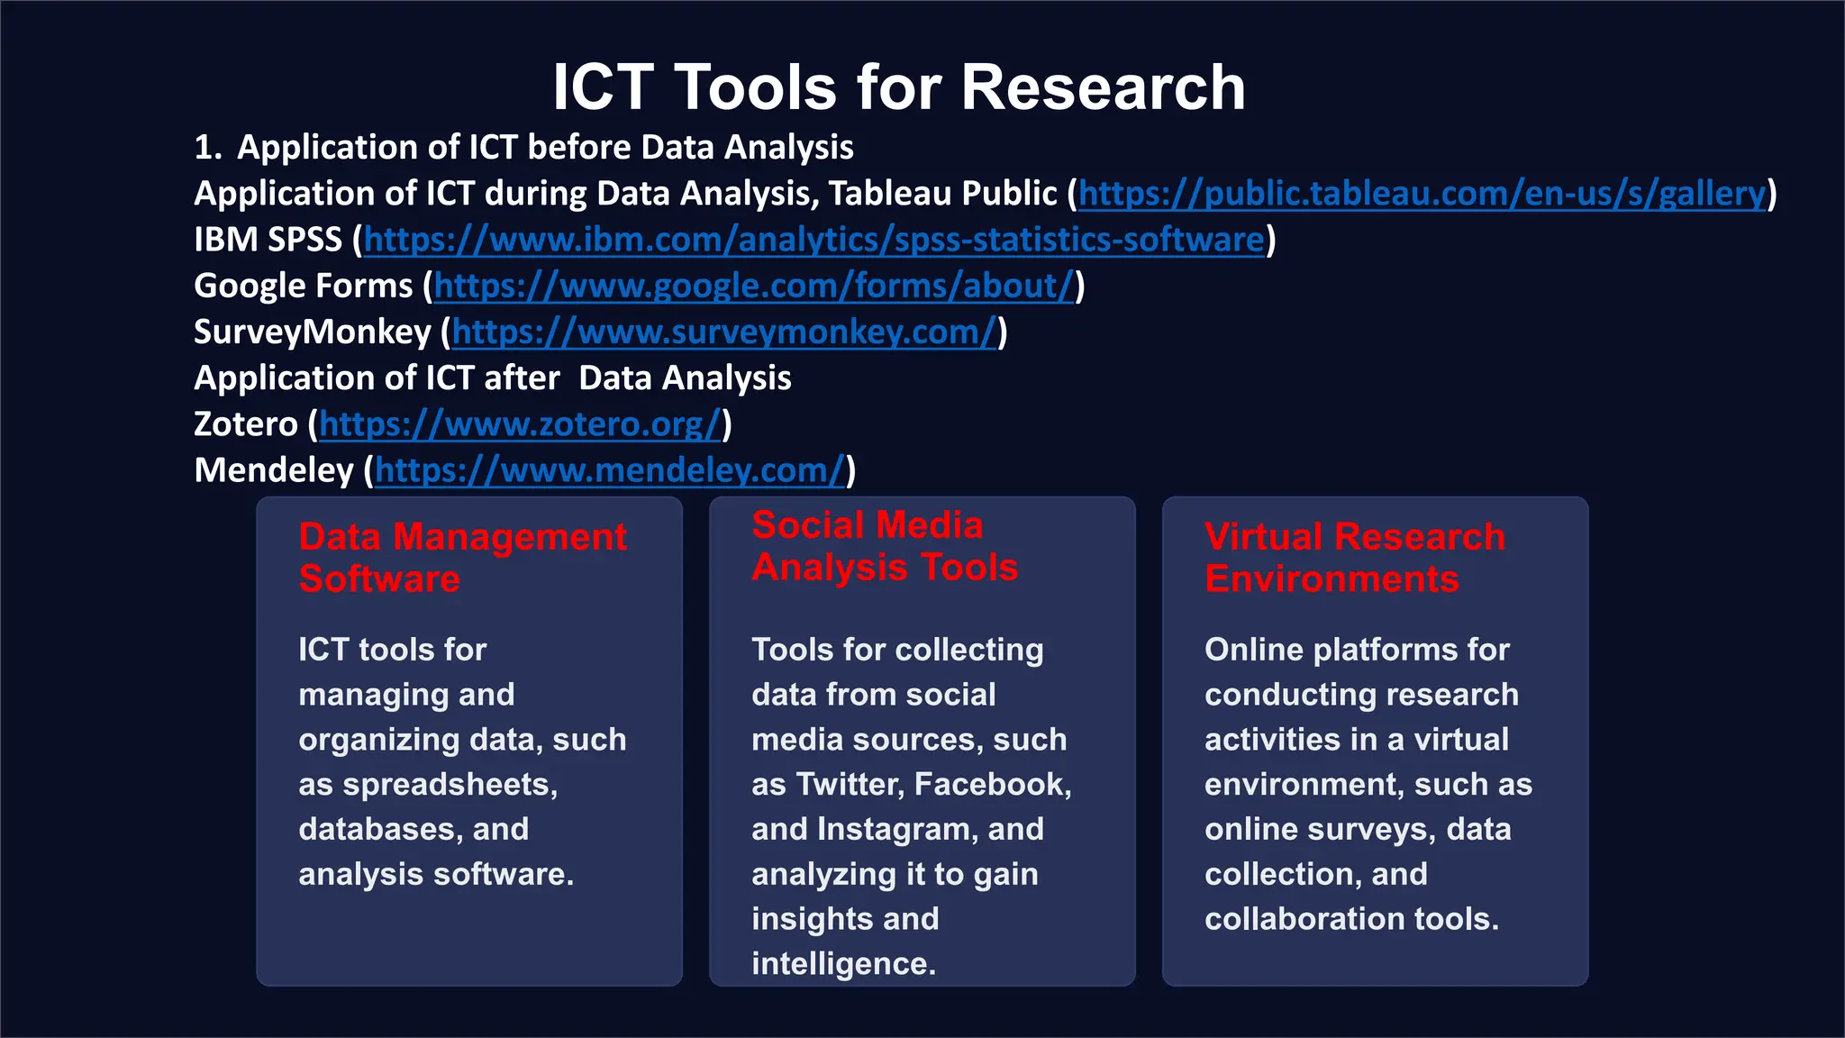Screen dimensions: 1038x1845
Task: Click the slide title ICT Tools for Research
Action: click(898, 87)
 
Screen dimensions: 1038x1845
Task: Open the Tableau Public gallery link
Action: click(1422, 194)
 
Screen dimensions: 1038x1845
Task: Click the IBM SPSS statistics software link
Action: click(814, 240)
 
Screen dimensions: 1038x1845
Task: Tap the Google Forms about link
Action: click(754, 287)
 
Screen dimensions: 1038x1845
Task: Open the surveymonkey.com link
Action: click(724, 332)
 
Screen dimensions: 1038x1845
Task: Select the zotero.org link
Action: click(520, 424)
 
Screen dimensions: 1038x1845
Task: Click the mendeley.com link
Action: click(610, 470)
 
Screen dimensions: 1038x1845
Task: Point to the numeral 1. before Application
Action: click(207, 148)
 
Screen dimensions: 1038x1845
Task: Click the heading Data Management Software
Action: click(462, 557)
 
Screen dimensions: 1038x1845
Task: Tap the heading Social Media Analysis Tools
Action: click(885, 546)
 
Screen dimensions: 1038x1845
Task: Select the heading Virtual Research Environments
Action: click(1354, 557)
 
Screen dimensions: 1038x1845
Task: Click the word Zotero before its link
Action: click(245, 424)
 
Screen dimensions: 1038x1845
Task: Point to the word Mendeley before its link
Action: click(274, 470)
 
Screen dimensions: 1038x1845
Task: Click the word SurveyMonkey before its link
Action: click(313, 332)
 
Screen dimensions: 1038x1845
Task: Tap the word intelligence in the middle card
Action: click(842, 963)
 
